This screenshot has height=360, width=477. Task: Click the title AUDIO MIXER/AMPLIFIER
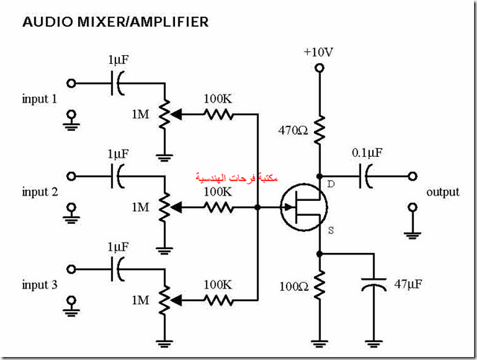click(115, 22)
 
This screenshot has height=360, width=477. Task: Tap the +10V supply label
click(318, 52)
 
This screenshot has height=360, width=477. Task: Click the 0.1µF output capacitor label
click(368, 154)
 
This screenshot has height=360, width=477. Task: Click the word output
click(444, 193)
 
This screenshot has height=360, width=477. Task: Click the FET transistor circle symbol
click(304, 208)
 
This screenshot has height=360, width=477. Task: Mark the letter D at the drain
click(330, 182)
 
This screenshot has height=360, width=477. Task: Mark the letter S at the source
click(330, 231)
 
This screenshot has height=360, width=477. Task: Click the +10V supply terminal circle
click(319, 68)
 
